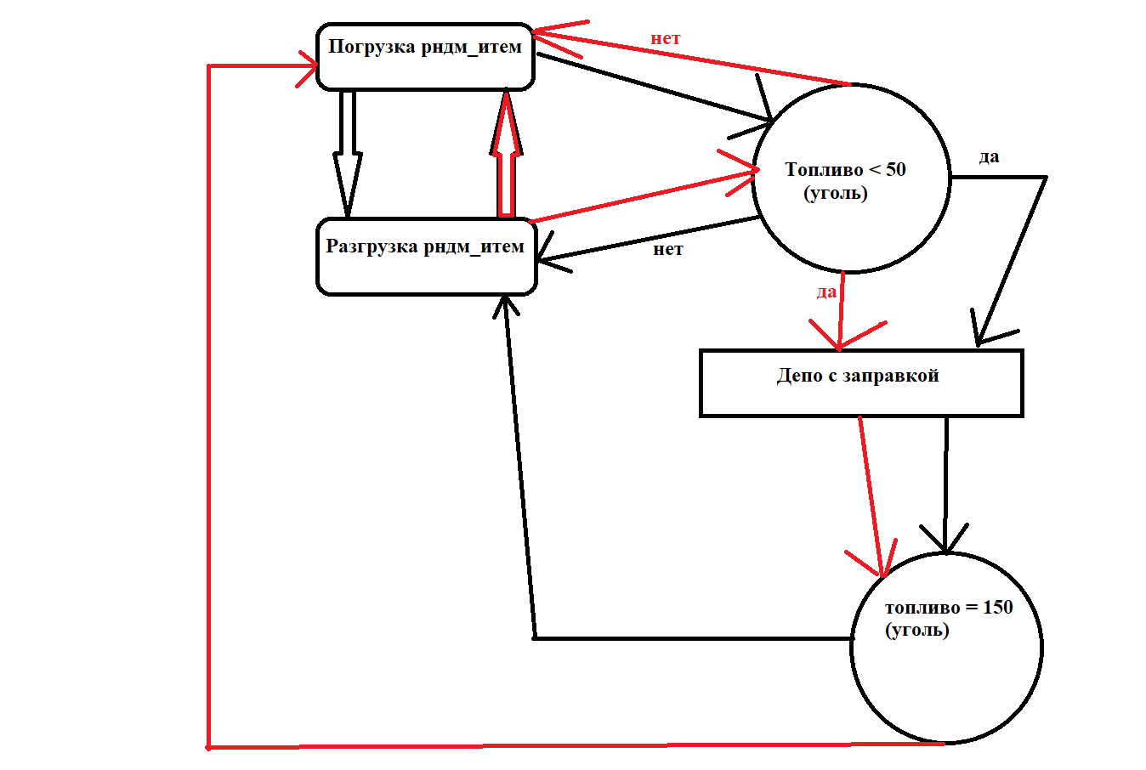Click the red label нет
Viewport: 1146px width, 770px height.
(x=666, y=39)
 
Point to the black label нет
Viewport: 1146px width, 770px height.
(x=668, y=250)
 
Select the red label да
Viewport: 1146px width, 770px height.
(x=826, y=292)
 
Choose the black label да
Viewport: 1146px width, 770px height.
(x=989, y=157)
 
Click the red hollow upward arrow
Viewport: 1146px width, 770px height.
(x=507, y=157)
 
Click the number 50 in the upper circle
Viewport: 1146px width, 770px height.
(x=896, y=170)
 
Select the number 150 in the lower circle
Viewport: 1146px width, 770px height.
(x=997, y=608)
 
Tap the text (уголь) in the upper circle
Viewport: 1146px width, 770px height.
(x=836, y=194)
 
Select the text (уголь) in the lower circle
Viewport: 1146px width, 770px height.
(x=917, y=631)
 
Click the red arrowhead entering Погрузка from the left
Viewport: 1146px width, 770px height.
(x=309, y=66)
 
